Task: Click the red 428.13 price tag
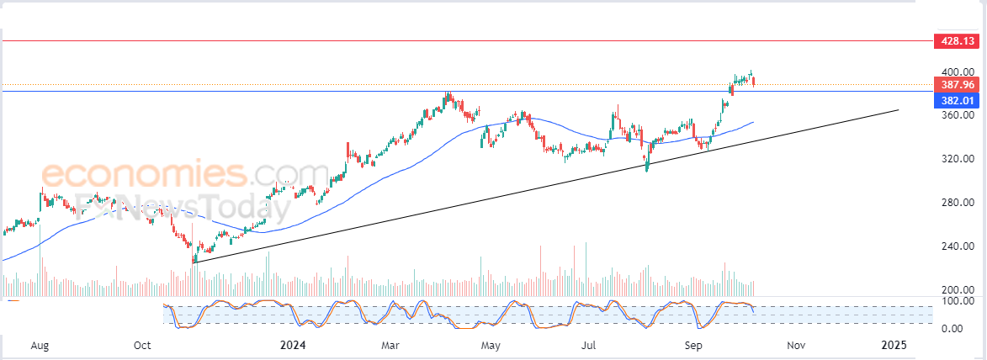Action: tap(958, 40)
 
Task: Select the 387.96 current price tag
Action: tap(958, 85)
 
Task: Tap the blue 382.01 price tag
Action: tap(958, 101)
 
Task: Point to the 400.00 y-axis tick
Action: tap(957, 71)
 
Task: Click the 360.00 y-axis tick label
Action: tap(957, 115)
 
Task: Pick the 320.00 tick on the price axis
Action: tap(957, 159)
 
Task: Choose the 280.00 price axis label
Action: tap(957, 203)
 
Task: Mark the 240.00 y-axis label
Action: tap(957, 246)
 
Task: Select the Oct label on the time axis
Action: tap(142, 345)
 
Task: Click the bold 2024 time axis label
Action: tap(292, 345)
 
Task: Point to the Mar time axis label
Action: tap(390, 345)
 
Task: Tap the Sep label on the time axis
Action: tap(693, 345)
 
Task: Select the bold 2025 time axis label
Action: tap(893, 345)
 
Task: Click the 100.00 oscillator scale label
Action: tap(957, 300)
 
